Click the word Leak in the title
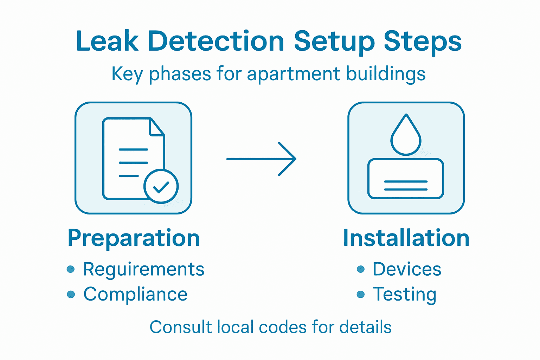tap(107, 41)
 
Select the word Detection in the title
tap(216, 41)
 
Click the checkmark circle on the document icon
tap(161, 186)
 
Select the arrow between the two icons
tap(261, 159)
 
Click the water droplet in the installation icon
tap(406, 136)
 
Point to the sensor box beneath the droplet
tap(406, 179)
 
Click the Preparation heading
tap(134, 238)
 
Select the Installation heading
tap(406, 238)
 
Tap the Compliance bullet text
tap(135, 294)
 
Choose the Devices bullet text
tap(407, 269)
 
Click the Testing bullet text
tap(405, 294)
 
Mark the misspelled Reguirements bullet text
tap(143, 270)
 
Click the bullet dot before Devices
tap(360, 269)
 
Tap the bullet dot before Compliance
tap(71, 294)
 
